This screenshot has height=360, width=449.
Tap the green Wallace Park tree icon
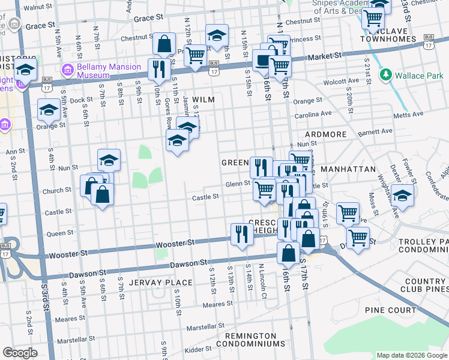(x=385, y=76)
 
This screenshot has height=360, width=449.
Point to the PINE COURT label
(x=390, y=310)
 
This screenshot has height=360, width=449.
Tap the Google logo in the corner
(x=20, y=353)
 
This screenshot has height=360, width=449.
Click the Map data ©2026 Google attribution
(x=411, y=355)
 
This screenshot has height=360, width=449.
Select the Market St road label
(x=325, y=55)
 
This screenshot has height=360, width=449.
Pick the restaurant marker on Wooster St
(x=241, y=233)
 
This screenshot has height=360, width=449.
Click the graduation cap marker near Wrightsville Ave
(x=403, y=196)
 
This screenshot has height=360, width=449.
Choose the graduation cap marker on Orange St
(x=49, y=110)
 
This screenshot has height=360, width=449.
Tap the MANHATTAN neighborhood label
(x=348, y=170)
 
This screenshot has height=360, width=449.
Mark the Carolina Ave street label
(x=313, y=113)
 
